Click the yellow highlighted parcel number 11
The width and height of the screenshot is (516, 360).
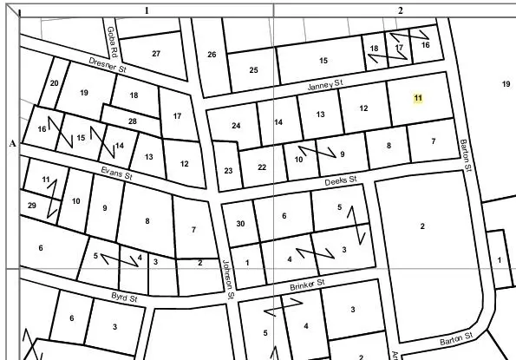418,99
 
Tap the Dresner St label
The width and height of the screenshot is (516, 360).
109,65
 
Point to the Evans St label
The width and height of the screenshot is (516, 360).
115,174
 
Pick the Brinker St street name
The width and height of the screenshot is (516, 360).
307,284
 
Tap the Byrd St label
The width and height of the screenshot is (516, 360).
125,298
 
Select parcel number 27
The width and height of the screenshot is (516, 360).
156,54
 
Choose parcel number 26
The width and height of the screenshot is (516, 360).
212,55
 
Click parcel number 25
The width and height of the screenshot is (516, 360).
254,70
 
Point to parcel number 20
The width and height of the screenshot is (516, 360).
54,83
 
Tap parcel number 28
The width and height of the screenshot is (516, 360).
132,121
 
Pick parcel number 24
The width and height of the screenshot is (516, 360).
236,126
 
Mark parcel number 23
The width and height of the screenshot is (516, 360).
228,171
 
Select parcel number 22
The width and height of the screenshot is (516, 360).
262,167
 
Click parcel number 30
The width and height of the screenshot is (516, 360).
240,223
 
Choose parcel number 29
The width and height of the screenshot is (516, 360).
32,206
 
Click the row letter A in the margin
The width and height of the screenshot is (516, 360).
12,143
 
